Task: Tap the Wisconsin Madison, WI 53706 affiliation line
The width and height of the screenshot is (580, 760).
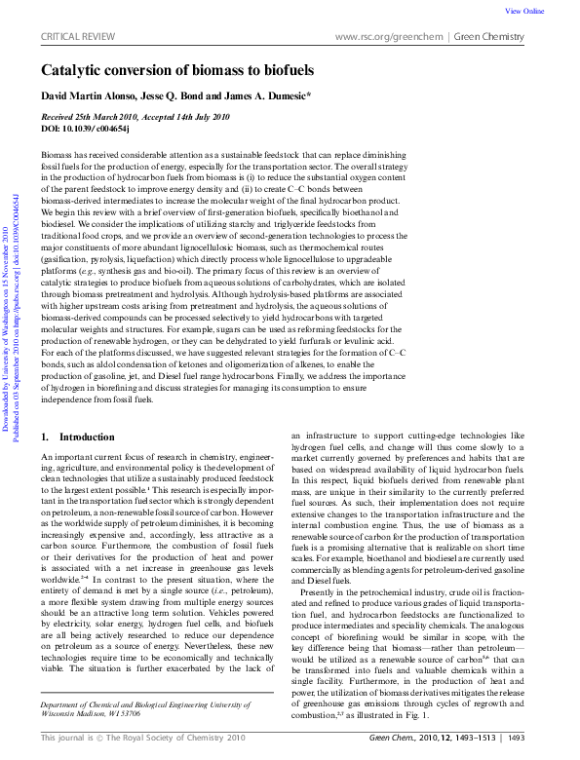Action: (x=102, y=712)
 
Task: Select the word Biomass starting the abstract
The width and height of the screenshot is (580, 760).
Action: (x=58, y=155)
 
